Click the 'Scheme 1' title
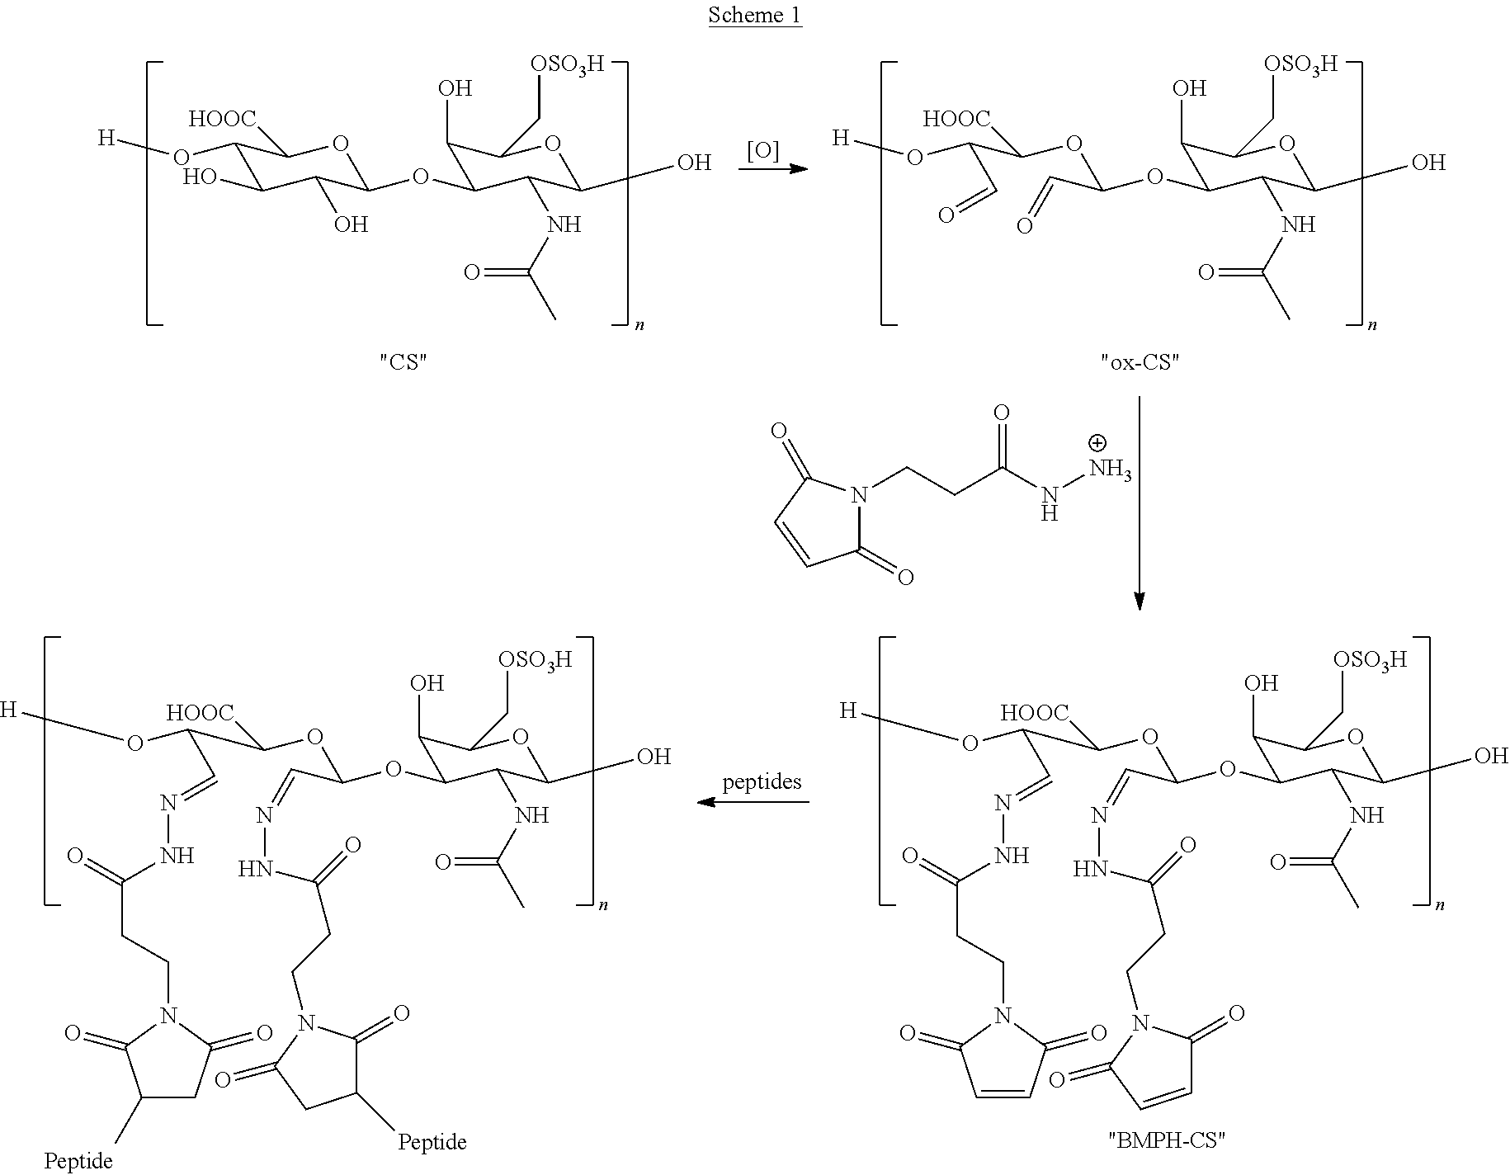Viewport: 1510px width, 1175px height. [755, 16]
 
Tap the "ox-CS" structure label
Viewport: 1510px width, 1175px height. [1140, 362]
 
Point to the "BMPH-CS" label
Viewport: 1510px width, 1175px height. [1166, 1140]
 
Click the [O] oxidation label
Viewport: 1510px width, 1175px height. [762, 149]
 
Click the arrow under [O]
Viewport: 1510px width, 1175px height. [772, 169]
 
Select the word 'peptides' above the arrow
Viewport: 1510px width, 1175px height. [762, 781]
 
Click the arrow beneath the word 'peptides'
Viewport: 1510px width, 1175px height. [753, 802]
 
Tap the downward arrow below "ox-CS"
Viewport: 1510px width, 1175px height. [1140, 503]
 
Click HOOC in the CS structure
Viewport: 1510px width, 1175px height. [222, 120]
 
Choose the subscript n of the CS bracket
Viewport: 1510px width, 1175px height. [639, 326]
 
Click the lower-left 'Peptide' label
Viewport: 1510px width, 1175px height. [78, 1162]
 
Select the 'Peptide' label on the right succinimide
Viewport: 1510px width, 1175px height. [432, 1142]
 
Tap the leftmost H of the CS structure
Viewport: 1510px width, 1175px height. [106, 138]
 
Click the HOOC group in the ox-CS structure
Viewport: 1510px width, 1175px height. [956, 120]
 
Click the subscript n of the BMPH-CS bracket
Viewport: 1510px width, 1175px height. [1440, 906]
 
